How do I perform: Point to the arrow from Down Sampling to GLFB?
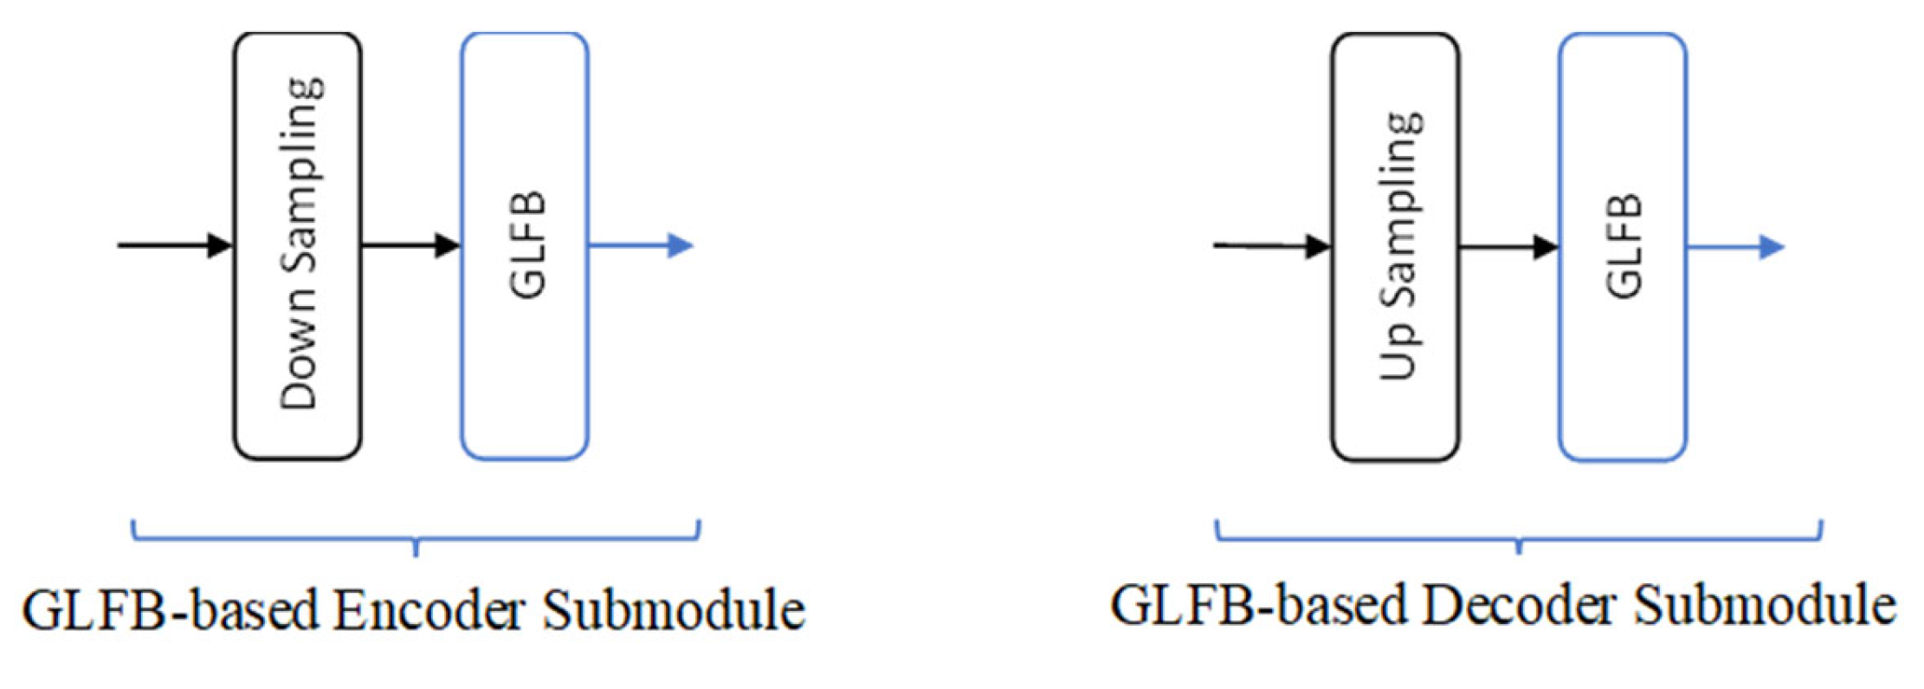[x=410, y=245]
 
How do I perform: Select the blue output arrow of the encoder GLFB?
[x=641, y=246]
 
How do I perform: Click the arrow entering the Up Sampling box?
[x=1271, y=246]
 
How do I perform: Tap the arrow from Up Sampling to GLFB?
[x=1508, y=247]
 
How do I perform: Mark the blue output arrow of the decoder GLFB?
[x=1735, y=247]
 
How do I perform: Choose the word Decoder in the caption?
[x=1518, y=605]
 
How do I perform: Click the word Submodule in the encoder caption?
[x=674, y=610]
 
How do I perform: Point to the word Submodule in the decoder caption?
[x=1765, y=605]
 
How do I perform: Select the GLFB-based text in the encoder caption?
[x=171, y=610]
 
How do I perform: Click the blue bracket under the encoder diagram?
[x=416, y=537]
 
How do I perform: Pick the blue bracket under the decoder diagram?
[x=1519, y=537]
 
